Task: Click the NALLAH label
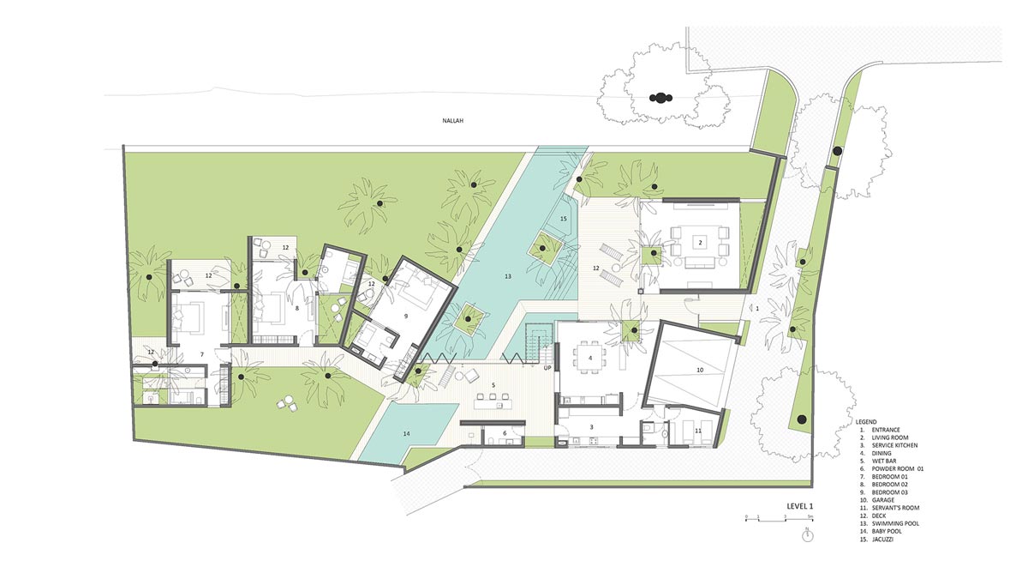coord(453,121)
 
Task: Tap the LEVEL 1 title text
coord(800,506)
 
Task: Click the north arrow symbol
coord(807,534)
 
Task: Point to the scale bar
coord(780,519)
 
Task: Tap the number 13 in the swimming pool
coord(507,276)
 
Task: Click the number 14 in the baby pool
coord(406,433)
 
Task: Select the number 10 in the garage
coord(700,370)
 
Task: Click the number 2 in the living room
coord(701,243)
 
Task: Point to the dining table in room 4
coord(589,358)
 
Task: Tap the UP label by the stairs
coord(547,368)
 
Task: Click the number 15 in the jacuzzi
coord(564,219)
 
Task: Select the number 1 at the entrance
coord(757,309)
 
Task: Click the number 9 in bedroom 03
coord(406,316)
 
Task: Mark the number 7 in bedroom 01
coord(202,354)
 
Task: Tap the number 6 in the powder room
coord(505,433)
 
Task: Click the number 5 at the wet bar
coord(493,384)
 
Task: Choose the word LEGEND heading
coord(866,422)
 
